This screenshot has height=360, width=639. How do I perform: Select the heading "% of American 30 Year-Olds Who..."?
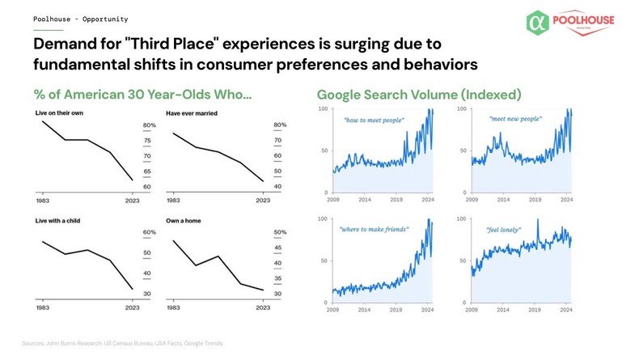pos(142,95)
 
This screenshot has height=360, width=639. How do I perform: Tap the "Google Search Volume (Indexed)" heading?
pos(419,95)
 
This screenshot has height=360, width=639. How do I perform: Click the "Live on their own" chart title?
pos(59,113)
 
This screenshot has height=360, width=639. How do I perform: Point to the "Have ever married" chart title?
pos(192,113)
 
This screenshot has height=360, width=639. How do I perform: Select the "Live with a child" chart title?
pos(57,221)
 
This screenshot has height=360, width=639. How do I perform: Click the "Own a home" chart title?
pos(184,221)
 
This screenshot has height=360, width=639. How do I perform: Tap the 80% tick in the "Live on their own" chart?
pos(149,125)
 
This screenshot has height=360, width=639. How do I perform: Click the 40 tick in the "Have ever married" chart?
pos(278,187)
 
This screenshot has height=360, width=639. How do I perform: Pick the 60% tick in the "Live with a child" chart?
pos(149,233)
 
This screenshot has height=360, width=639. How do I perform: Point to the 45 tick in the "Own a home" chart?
pos(278,248)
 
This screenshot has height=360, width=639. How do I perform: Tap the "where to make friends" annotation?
pos(374,230)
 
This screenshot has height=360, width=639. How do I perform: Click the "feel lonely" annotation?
pos(503,230)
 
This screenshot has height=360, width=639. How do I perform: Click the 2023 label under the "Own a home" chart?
pos(263,307)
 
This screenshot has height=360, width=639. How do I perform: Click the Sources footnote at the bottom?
pos(122,344)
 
